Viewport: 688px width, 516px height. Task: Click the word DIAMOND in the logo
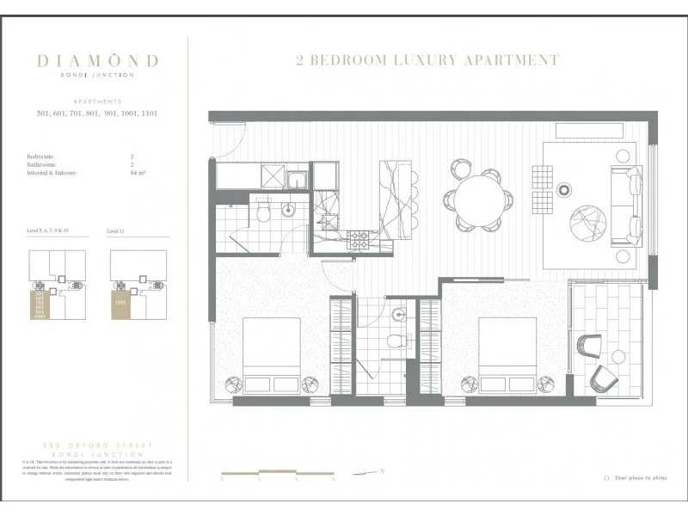click(97, 61)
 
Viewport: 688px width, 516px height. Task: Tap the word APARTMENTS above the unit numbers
click(97, 101)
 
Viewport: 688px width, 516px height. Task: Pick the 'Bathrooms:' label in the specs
click(42, 165)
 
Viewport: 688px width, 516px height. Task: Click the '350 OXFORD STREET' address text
click(97, 445)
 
